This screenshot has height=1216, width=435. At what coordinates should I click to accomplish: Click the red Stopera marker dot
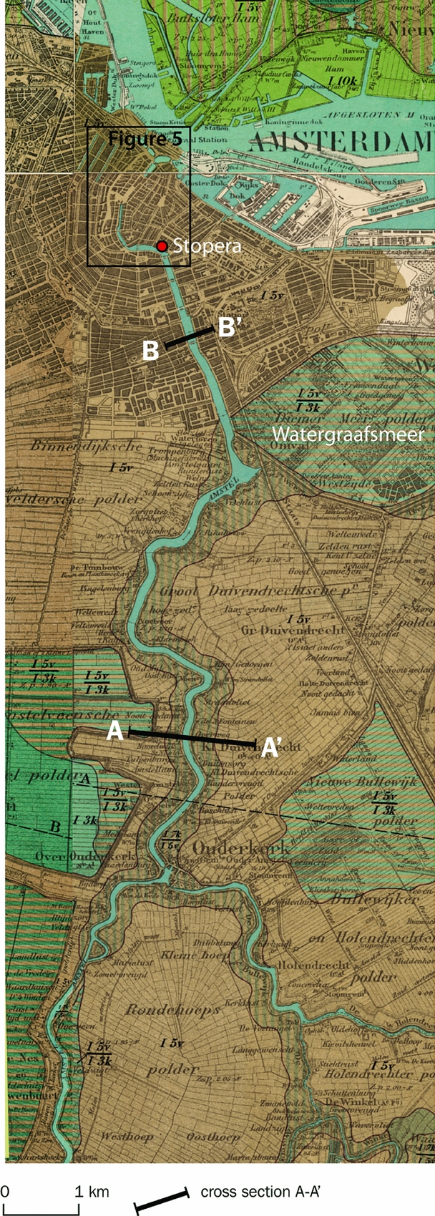click(162, 246)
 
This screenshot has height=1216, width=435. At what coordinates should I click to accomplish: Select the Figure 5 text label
click(145, 140)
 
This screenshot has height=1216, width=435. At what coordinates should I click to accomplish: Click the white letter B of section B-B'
click(150, 351)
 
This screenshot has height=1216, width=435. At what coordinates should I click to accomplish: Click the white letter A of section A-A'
click(115, 731)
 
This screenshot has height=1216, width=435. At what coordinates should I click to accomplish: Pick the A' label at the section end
click(270, 748)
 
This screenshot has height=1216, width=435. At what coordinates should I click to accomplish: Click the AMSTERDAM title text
click(343, 142)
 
